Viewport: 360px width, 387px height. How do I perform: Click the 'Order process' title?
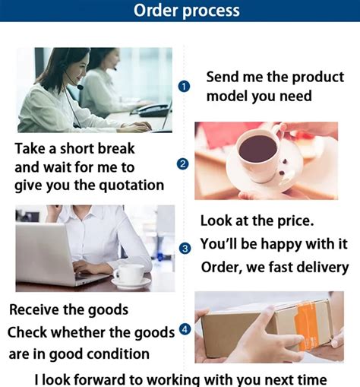187,11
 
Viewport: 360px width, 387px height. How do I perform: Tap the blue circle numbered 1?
184,87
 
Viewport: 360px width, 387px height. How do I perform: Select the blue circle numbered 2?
183,164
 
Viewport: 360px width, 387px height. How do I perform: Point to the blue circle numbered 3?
185,249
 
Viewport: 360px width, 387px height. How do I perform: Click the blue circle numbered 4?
185,329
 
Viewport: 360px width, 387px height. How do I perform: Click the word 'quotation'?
131,186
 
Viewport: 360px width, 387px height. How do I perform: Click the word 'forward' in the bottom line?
99,379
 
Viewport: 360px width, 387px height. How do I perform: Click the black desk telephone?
153,111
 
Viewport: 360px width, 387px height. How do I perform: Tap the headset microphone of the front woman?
81,87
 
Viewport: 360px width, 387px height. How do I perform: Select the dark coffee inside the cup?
258,148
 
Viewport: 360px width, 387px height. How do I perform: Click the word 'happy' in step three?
281,244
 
